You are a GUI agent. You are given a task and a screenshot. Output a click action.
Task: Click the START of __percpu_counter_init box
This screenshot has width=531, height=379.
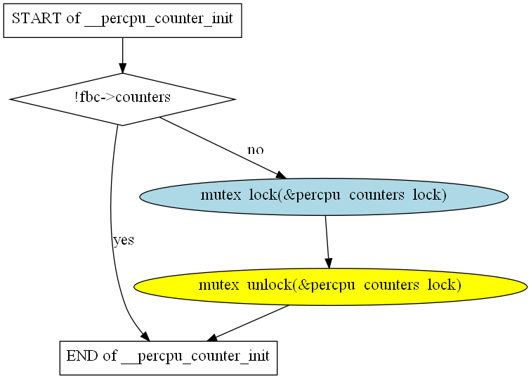123,20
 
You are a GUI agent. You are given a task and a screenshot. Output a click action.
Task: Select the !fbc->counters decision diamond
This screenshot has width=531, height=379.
123,99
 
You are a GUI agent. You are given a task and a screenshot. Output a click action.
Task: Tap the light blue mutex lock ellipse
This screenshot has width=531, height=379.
324,197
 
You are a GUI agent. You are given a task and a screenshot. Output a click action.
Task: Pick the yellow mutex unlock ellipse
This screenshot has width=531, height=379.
331,287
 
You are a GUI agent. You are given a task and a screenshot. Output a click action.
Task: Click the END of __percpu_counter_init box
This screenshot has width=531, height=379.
169,358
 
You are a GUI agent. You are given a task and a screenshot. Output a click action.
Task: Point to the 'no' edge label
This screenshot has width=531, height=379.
256,150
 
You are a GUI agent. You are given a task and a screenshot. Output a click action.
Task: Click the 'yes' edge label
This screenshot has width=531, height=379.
124,240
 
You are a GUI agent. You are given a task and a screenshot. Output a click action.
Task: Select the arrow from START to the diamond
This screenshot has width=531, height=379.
123,56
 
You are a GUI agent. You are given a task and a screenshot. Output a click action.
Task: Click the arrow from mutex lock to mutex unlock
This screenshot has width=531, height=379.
327,242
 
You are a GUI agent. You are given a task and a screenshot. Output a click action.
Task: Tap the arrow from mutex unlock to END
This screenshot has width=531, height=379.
247,323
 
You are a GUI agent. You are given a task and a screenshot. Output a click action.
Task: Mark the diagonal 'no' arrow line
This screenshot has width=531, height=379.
223,148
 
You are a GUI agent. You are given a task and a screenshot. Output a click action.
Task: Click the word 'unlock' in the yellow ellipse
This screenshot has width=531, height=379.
270,285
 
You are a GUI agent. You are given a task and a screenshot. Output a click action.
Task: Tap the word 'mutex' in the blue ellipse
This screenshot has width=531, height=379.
221,195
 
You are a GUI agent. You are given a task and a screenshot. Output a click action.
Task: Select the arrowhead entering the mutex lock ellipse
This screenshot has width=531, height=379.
282,175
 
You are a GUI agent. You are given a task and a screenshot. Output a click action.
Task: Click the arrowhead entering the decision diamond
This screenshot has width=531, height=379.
123,68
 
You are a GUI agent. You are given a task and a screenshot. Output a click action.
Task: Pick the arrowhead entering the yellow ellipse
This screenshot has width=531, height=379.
329,263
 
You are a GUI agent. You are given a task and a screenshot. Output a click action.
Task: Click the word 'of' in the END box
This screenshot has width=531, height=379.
110,356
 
